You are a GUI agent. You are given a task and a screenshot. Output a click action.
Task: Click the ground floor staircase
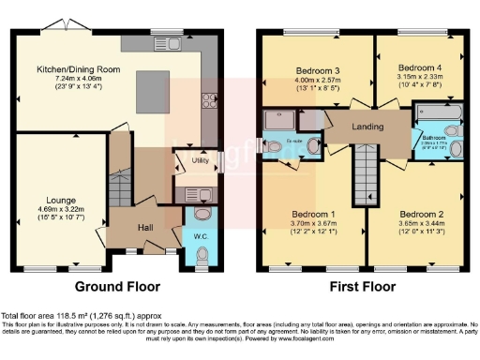[x=121, y=187]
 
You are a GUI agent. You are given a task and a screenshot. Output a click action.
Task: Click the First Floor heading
[x=362, y=286]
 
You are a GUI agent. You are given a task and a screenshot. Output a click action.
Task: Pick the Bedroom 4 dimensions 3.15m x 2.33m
[x=417, y=81]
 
